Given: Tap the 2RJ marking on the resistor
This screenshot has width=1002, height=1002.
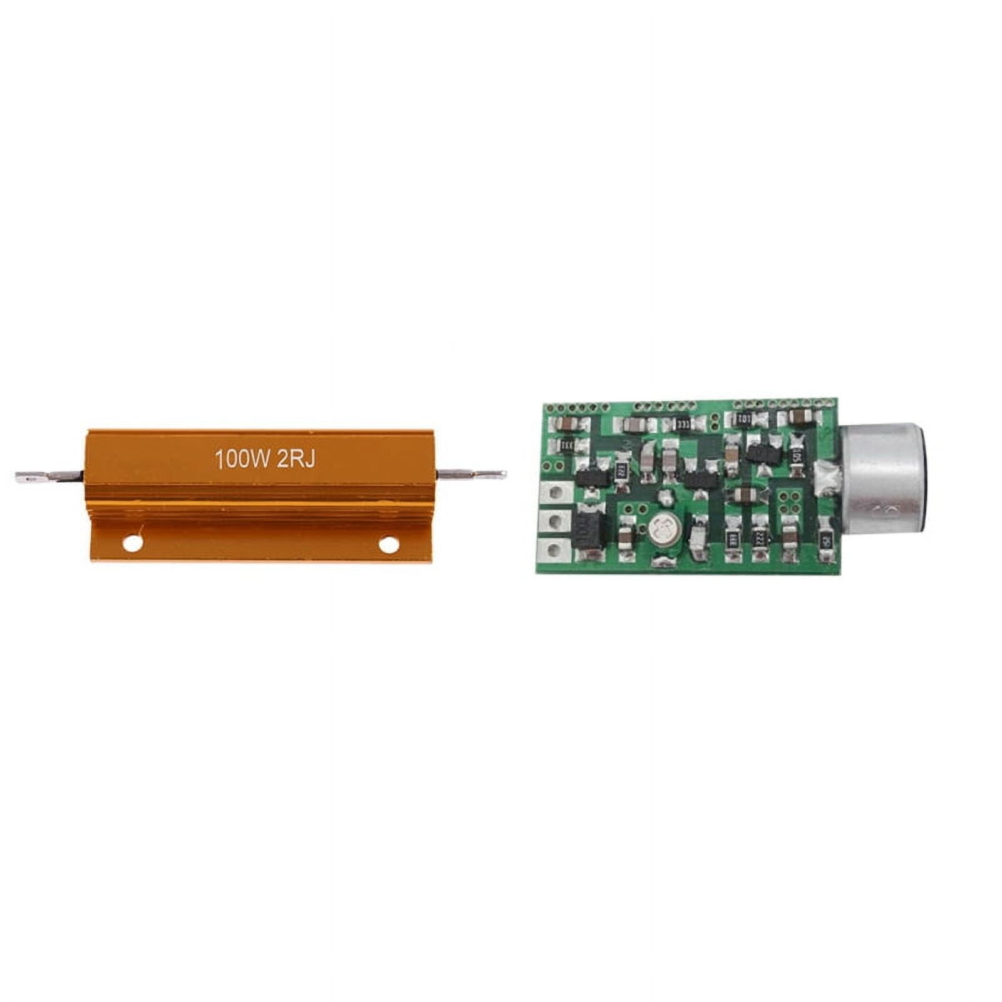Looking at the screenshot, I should [x=296, y=459].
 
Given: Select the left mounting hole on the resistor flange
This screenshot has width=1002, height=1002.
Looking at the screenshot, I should [x=133, y=544].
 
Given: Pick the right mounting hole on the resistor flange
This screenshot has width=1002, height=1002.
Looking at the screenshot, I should [x=388, y=544].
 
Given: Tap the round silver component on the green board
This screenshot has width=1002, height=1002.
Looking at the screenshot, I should [x=663, y=527].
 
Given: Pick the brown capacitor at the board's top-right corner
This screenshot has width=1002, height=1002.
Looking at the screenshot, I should [x=797, y=416].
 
